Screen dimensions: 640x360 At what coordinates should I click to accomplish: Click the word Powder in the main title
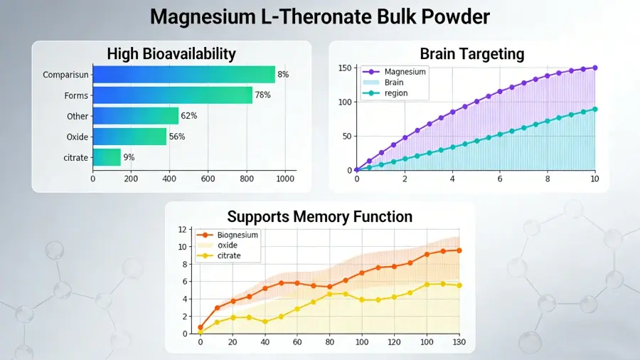pos(456,17)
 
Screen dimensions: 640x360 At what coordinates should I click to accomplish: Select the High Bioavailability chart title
pos(171,54)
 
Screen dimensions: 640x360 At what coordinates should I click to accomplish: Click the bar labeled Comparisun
pos(184,74)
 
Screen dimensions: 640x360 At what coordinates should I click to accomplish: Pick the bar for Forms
pos(173,95)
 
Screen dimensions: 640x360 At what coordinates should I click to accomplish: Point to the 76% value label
pos(262,95)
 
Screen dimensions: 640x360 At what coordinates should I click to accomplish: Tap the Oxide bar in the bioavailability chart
pos(130,137)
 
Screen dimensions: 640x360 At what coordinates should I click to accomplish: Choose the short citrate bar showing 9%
pos(107,157)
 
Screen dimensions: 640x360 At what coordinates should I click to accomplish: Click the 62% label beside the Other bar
pos(189,116)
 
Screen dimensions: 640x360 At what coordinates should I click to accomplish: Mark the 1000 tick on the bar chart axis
pos(285,179)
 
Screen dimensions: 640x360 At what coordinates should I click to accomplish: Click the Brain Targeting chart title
pos(472,54)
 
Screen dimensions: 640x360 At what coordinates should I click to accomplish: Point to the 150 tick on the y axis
pos(345,68)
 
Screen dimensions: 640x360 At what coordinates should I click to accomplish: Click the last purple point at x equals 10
pos(595,68)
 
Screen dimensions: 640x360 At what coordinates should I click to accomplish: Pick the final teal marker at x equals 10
pos(595,110)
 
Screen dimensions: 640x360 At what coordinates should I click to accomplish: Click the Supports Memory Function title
pos(319,217)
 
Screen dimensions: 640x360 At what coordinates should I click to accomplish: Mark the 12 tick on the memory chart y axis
pos(183,229)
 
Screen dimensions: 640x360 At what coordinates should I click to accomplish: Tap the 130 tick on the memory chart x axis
pos(459,342)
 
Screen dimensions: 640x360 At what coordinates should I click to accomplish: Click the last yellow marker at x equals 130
pos(459,285)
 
